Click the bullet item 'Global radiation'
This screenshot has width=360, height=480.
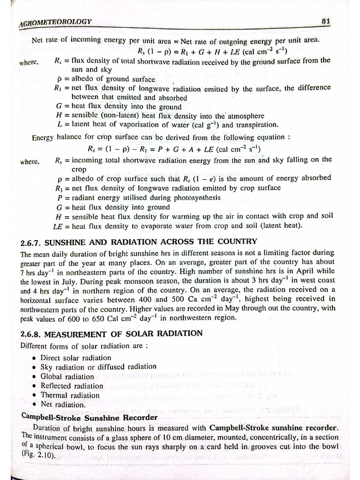67,376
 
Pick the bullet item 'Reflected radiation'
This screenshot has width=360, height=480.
72,386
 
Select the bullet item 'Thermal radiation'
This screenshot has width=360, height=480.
70,395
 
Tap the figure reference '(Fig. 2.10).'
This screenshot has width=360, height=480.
38,454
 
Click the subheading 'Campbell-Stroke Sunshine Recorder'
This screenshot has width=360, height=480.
90,417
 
